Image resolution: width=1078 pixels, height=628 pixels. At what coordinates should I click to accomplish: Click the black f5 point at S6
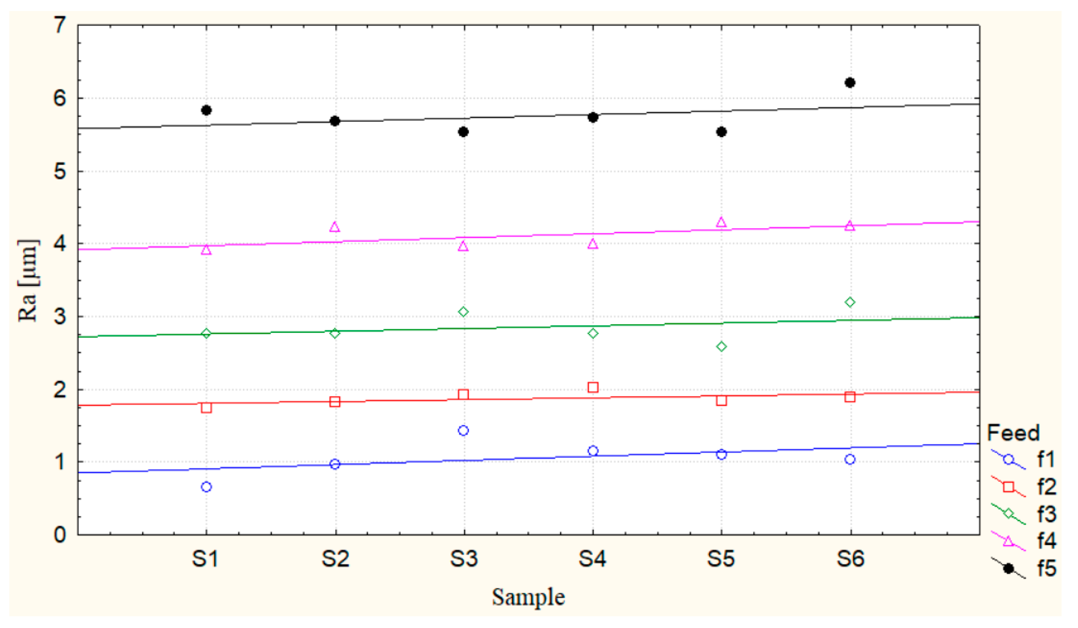pos(850,83)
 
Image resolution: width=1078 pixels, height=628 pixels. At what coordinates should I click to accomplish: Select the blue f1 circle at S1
pos(206,487)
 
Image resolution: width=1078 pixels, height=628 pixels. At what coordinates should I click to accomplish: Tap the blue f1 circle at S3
pos(463,430)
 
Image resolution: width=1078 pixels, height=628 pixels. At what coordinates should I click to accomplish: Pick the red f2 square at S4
pos(593,387)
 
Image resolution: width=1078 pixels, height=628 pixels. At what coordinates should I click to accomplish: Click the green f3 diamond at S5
pos(721,346)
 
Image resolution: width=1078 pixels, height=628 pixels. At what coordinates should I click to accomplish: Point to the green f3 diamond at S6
pos(850,302)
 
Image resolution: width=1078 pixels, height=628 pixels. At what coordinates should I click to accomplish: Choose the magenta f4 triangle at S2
pos(335,227)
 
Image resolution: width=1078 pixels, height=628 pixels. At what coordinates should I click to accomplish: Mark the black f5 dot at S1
pos(206,110)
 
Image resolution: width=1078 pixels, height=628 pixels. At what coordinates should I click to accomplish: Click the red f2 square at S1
pos(206,408)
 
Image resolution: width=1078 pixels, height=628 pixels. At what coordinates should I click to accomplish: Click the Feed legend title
pos(1013,433)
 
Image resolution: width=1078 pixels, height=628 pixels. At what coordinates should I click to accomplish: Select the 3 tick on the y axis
pos(60,317)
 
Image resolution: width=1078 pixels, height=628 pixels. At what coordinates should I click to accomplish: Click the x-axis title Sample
pos(528,597)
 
